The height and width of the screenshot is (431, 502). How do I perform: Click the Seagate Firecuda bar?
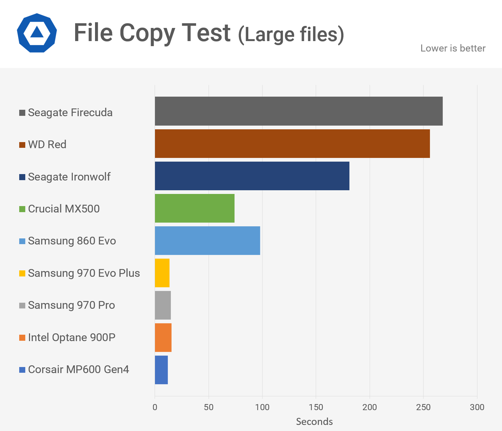coord(299,111)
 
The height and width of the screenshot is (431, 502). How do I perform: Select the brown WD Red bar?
coord(292,143)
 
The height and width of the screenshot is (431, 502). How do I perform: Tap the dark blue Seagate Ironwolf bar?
coord(252,176)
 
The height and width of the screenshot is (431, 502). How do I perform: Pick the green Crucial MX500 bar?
coord(195,208)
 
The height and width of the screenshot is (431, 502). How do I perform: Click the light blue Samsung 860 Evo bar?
coord(208,240)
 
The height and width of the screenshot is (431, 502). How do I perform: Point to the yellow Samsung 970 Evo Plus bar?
coord(162,273)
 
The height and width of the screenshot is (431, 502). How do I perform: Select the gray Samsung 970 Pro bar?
coord(163,305)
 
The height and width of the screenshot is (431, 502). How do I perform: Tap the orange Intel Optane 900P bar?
coord(163,337)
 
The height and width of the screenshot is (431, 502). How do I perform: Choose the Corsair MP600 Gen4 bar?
coord(161,370)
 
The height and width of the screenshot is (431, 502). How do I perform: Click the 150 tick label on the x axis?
coord(316,407)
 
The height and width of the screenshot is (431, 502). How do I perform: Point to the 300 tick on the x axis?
coord(477,407)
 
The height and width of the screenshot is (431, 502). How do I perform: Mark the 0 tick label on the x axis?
coord(155,407)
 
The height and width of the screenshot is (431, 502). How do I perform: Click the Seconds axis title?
coord(314,422)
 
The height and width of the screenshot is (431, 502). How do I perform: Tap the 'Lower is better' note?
coord(453,48)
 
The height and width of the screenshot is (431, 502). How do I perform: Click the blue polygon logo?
coord(37,33)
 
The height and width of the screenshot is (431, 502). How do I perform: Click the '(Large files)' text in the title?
coord(291,35)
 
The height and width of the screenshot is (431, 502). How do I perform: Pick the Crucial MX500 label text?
coord(64,209)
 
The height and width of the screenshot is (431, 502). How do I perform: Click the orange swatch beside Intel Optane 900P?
coord(22,338)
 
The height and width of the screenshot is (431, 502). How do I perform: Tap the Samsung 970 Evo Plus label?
coord(84,273)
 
